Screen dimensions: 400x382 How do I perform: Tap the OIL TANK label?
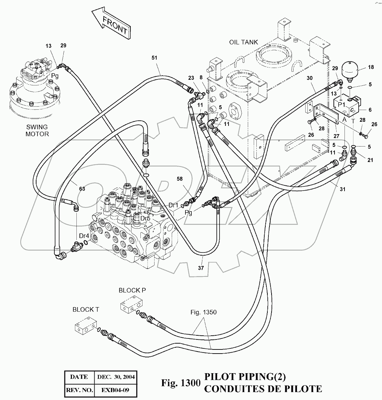243,42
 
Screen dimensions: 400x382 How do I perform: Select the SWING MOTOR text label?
37,131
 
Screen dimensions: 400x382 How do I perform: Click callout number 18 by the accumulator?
371,67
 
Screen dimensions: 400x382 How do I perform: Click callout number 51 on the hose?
154,58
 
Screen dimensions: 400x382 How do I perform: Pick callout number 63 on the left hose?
82,188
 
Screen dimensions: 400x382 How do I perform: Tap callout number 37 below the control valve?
201,268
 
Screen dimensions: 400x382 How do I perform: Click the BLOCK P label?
132,290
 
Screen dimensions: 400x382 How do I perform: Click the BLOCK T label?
86,310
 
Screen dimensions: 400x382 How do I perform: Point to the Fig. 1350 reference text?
204,312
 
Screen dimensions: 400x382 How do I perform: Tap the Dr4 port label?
84,236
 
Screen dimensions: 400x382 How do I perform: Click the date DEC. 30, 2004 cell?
116,377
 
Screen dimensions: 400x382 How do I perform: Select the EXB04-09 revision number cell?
116,390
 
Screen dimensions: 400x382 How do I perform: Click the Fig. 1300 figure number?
180,382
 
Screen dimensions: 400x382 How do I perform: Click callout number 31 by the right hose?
342,189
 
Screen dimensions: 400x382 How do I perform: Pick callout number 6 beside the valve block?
370,110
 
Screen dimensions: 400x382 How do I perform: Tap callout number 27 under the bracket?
337,136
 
